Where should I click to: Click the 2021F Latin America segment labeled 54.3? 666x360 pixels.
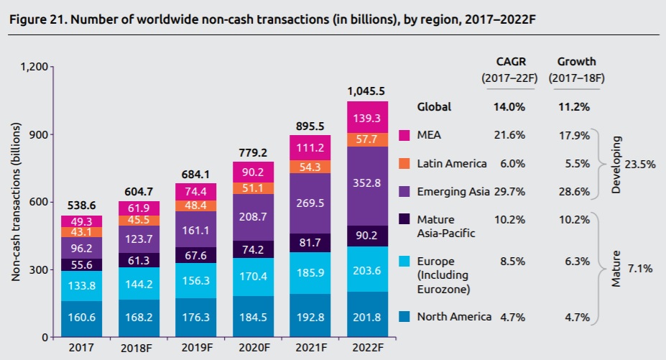point(310,167)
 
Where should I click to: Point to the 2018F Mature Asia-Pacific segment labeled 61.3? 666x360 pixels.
point(139,259)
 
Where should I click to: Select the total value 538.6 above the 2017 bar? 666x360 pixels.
point(81,206)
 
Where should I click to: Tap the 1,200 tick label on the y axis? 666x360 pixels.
point(34,67)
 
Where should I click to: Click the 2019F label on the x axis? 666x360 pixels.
point(195,349)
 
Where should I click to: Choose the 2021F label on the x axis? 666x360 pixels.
point(310,349)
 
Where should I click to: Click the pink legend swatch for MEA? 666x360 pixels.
point(404,135)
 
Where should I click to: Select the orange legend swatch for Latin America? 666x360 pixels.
point(404,163)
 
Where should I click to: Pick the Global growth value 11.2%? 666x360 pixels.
point(575,106)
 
